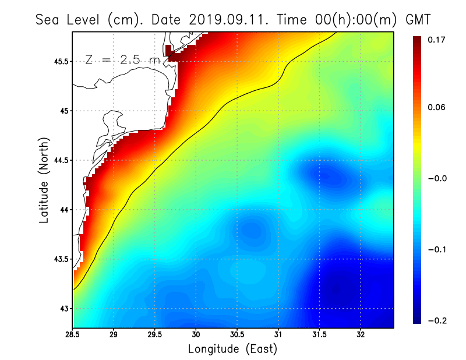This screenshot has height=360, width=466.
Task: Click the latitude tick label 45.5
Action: pyautogui.click(x=60, y=61)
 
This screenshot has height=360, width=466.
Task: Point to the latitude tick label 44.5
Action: pyautogui.click(x=60, y=160)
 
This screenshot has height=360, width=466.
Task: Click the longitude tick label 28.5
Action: pyautogui.click(x=73, y=334)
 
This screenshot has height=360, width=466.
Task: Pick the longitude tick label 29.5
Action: pyautogui.click(x=155, y=334)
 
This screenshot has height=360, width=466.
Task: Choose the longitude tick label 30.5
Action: pyautogui.click(x=237, y=334)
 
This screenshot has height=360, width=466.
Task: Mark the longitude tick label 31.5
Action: pyautogui.click(x=319, y=334)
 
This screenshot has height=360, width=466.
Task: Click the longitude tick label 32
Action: pyautogui.click(x=361, y=334)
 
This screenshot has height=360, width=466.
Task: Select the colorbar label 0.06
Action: pyautogui.click(x=436, y=108)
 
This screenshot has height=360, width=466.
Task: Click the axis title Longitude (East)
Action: pyautogui.click(x=232, y=349)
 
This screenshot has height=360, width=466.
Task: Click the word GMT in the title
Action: pyautogui.click(x=417, y=19)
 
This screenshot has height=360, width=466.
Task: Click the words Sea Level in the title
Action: pyautogui.click(x=69, y=19)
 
